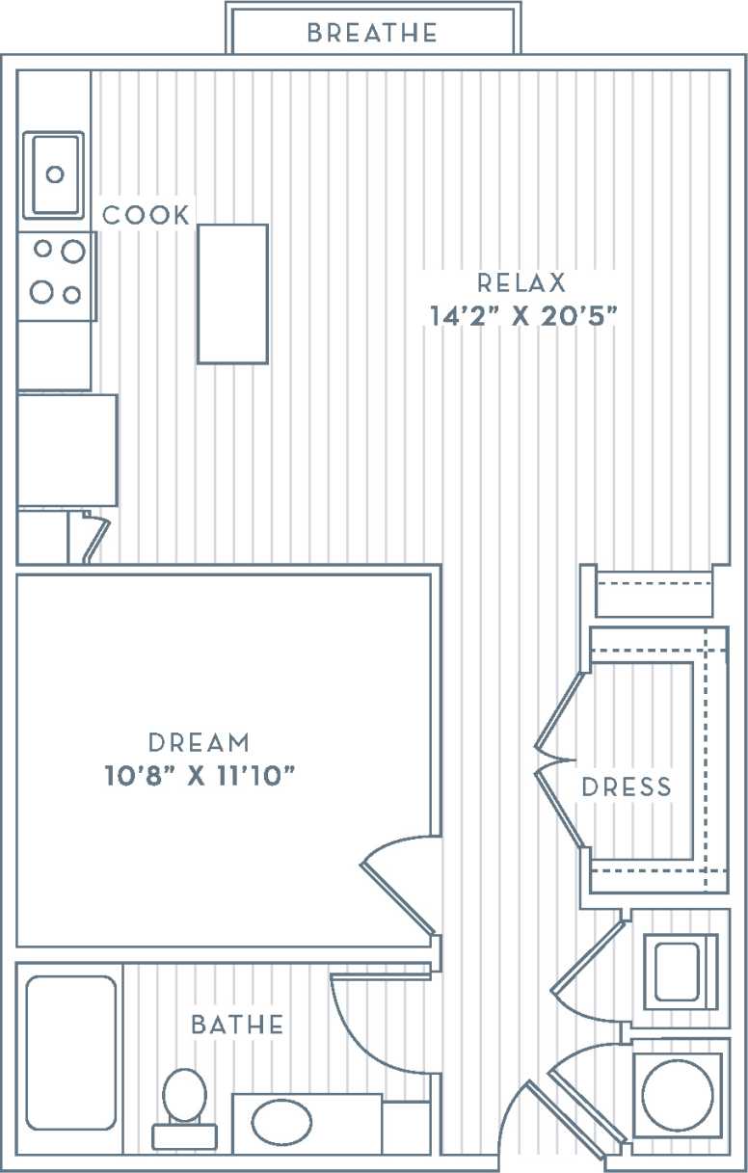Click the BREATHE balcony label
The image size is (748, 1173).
372,34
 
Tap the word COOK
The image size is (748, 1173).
147,215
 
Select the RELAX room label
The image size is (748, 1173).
521,283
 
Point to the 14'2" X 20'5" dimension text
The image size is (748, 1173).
521,315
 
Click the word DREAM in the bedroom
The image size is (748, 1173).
200,743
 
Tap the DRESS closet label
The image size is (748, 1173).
627,787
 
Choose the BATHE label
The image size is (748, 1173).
237,1025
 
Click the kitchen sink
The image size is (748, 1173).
54,175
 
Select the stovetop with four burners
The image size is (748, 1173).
57,273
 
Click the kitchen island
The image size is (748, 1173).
232,294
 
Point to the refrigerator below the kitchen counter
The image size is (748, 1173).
67,449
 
